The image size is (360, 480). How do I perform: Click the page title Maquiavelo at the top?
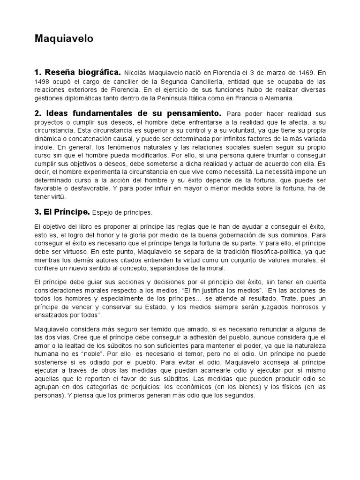64,39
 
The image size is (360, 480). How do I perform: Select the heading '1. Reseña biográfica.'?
78,73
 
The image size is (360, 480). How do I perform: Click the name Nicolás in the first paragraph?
138,73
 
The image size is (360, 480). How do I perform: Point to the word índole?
44,147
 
